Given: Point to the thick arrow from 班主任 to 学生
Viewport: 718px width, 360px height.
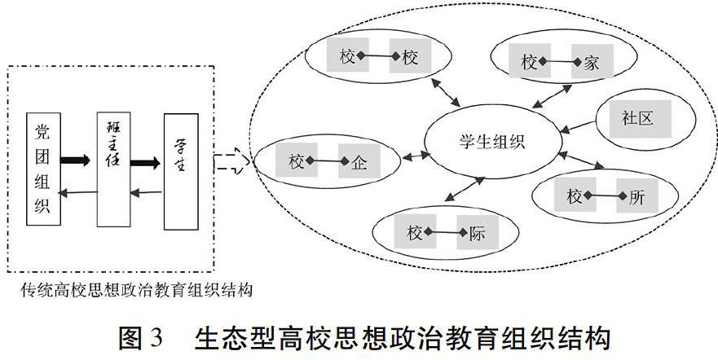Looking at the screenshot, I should [146, 162].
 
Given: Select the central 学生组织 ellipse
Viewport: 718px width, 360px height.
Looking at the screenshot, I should [487, 140].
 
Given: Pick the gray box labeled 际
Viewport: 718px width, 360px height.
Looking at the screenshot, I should [477, 235].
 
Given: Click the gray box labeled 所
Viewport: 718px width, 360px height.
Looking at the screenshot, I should [637, 196].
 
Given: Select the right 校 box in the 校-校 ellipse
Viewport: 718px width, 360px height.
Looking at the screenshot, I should [410, 57].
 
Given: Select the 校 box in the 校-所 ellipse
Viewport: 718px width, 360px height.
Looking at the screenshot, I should [574, 196].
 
